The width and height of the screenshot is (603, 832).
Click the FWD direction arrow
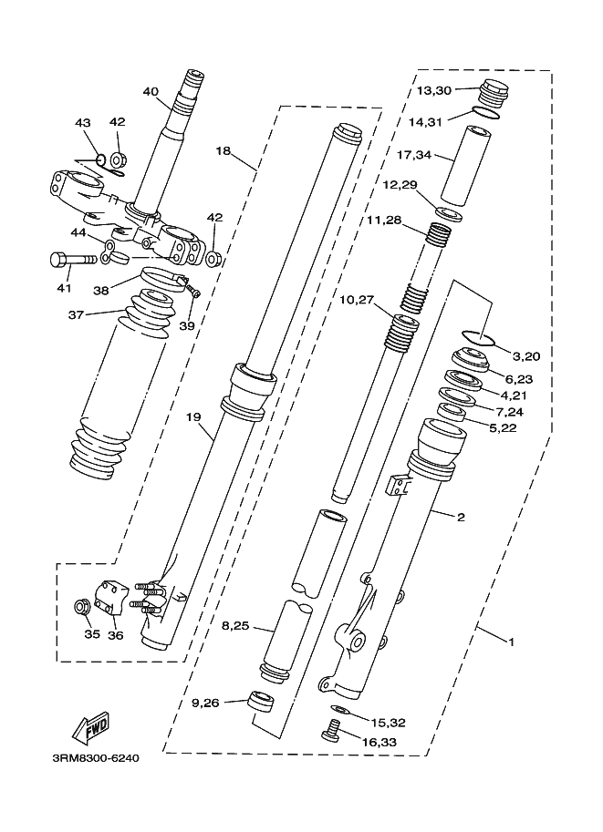(92, 725)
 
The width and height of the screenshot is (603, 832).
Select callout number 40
(151, 92)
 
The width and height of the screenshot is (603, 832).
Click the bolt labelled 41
(73, 260)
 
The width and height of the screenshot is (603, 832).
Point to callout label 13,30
(433, 91)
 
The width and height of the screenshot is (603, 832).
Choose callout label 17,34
(414, 155)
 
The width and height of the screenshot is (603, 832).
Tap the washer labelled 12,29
(449, 214)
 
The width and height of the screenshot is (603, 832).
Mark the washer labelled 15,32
(338, 709)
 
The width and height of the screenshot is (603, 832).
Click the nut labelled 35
(82, 608)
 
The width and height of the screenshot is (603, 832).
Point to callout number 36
(115, 634)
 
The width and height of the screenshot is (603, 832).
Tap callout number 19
(193, 417)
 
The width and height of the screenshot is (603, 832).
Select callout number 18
(224, 150)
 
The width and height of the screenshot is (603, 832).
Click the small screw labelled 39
(194, 291)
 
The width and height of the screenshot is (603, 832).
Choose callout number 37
(76, 314)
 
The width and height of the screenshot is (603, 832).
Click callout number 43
(82, 123)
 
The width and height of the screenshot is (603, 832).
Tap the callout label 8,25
(235, 626)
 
